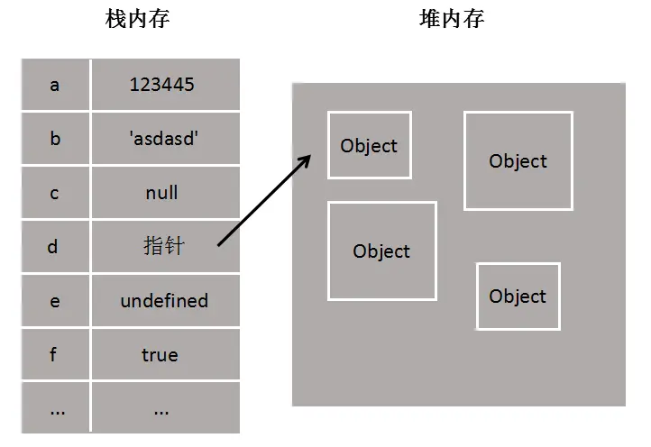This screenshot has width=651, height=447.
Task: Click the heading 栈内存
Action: click(137, 20)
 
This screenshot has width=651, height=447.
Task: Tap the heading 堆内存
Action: click(451, 20)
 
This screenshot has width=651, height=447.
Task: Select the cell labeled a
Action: click(55, 85)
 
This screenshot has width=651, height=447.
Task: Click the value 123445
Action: click(162, 85)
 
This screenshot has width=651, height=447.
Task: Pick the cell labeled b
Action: click(55, 139)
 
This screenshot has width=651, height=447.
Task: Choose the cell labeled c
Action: click(55, 193)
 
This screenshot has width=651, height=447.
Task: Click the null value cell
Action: click(162, 193)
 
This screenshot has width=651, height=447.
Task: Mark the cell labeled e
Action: click(55, 301)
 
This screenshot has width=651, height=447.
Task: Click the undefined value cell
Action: click(164, 301)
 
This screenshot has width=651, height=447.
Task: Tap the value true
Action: click(160, 354)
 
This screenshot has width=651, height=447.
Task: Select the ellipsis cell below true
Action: click(162, 408)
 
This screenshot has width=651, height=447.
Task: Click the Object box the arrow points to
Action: click(369, 145)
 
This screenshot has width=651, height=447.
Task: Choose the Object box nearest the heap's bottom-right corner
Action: click(518, 296)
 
